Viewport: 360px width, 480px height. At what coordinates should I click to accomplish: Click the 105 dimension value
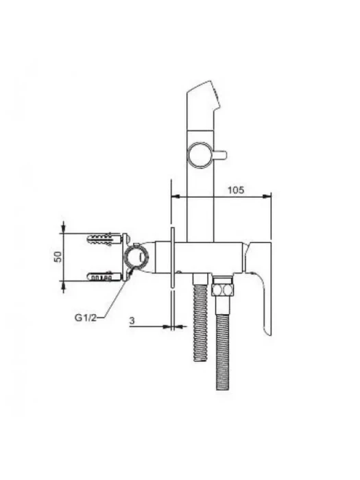point(236,190)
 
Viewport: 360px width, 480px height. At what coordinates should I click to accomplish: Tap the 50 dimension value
point(58,256)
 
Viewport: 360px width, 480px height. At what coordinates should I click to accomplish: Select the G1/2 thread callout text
point(86,317)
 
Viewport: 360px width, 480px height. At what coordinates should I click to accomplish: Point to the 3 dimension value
point(132,321)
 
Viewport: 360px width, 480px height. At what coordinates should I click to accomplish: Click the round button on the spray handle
point(200,155)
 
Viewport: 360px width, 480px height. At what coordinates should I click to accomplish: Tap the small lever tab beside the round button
point(220,154)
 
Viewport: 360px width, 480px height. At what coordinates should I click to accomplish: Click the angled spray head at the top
point(203,106)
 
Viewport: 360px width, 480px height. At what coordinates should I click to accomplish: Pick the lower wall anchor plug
point(104,276)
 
